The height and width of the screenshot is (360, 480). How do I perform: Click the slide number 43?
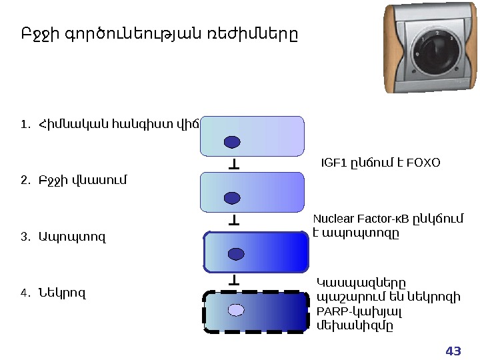tap(453, 351)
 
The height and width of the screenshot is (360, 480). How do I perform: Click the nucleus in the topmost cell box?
tap(232, 142)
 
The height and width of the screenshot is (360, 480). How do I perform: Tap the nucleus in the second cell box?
tap(232, 197)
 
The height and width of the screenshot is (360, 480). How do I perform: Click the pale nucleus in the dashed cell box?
tap(236, 309)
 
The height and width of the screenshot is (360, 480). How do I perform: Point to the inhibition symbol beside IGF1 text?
tap(235, 163)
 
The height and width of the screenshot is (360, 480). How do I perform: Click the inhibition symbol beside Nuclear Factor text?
tap(235, 219)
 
